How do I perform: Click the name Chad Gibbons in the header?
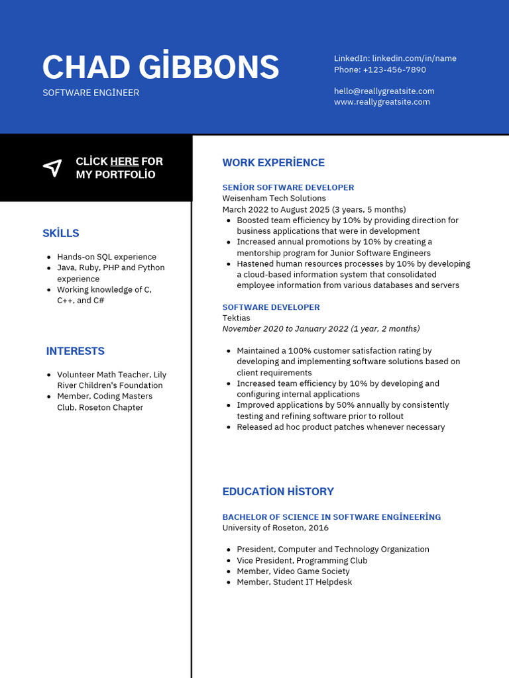(160, 67)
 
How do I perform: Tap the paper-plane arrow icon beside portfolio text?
(52, 168)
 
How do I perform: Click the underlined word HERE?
(125, 162)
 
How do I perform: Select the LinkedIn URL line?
(395, 58)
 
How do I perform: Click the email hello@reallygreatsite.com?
(384, 91)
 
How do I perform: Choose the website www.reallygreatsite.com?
(382, 102)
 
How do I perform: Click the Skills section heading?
(61, 233)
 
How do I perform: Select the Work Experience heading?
(273, 163)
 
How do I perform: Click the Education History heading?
(278, 491)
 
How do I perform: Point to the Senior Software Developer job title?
(288, 187)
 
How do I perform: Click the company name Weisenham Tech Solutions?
(274, 199)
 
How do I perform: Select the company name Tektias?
(236, 318)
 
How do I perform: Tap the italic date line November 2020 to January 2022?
(321, 329)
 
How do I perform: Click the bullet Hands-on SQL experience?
(107, 257)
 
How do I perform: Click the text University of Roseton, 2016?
(275, 528)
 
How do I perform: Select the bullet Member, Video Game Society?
(293, 571)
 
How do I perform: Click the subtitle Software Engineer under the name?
(91, 93)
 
